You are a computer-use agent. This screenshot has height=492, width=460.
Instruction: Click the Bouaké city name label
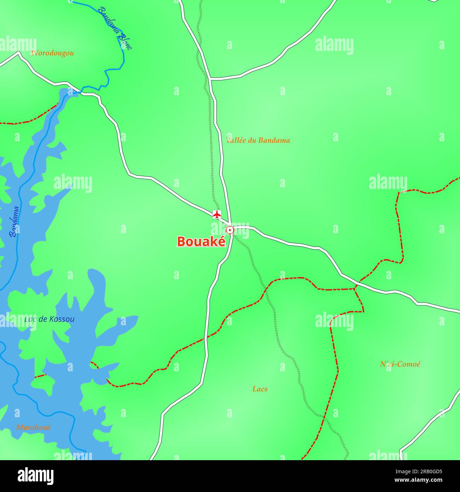click(x=201, y=241)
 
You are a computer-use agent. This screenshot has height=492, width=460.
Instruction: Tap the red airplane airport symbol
click(x=217, y=214)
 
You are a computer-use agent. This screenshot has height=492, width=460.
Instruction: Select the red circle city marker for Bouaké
click(x=230, y=230)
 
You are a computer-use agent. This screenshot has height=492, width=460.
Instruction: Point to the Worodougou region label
click(x=52, y=53)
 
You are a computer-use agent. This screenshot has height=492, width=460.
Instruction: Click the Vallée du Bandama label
click(x=258, y=140)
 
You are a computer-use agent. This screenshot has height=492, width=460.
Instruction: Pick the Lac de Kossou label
click(x=49, y=319)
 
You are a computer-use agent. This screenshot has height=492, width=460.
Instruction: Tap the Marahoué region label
click(x=33, y=427)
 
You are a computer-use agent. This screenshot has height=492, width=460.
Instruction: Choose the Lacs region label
click(x=260, y=389)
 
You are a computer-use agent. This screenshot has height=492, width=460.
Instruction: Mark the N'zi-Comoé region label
click(x=400, y=364)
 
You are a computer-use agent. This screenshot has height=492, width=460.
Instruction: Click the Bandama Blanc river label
click(x=115, y=28)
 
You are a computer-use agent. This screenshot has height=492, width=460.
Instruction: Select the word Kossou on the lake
click(x=62, y=319)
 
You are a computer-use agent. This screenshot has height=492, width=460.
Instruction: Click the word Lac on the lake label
click(x=30, y=319)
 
